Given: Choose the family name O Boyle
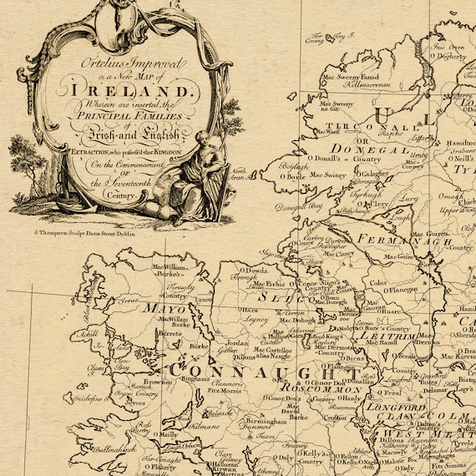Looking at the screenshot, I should (291, 175).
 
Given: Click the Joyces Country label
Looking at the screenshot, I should (125, 394).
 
